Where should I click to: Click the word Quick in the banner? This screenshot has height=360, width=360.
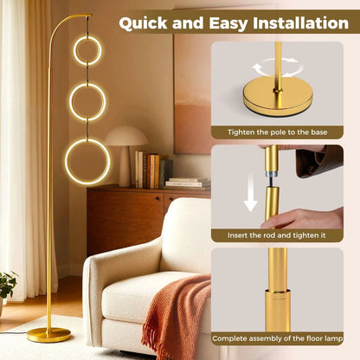147,22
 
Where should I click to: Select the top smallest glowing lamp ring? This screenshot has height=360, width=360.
87,50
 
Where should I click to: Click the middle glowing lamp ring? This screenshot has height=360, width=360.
87,101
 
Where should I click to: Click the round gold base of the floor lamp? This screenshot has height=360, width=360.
49,333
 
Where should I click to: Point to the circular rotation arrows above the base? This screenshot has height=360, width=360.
277,66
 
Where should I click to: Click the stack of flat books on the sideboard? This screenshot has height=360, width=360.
188,183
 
